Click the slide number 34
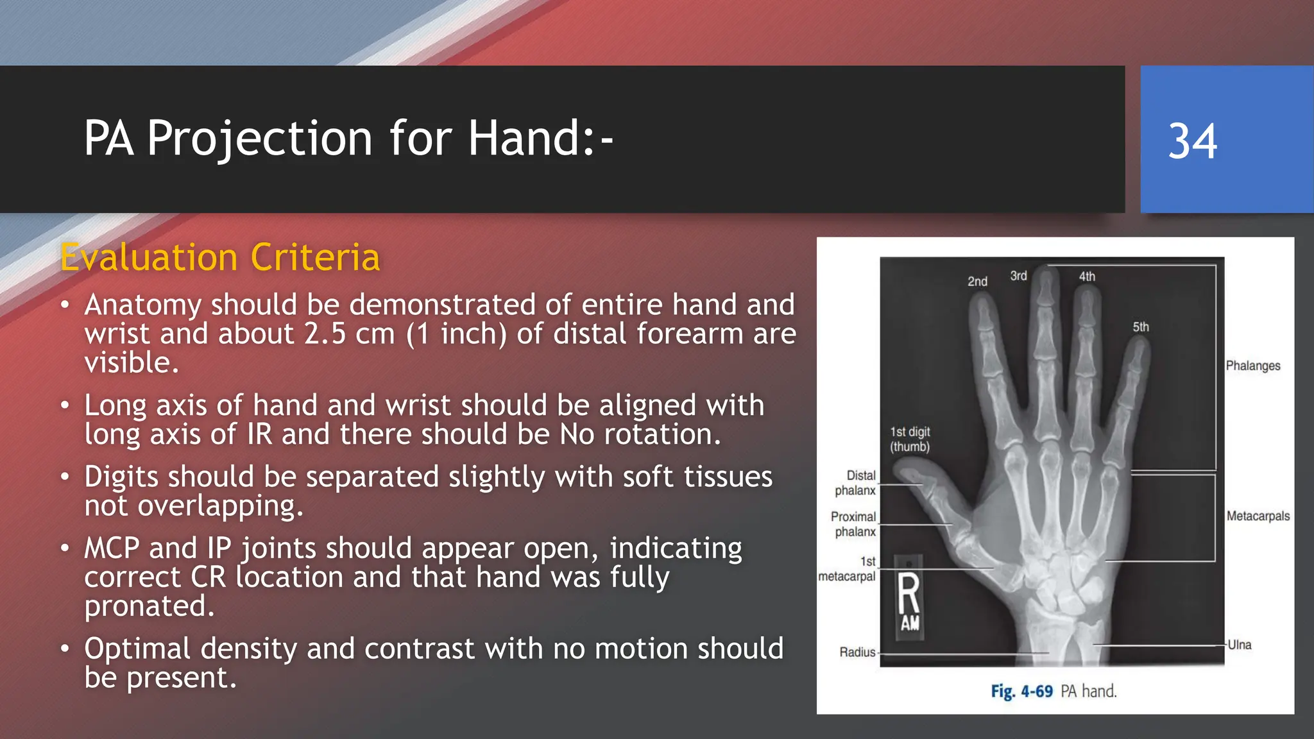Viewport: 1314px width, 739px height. pos(1192,141)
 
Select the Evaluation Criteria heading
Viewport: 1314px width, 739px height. pos(220,257)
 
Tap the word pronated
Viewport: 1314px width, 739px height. pos(149,606)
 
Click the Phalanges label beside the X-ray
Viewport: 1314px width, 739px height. pos(1252,366)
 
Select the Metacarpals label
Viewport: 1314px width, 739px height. pos(1258,516)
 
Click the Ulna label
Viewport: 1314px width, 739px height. pos(1239,645)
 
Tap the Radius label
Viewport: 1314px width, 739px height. pos(857,652)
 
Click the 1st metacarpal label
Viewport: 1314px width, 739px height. pos(848,569)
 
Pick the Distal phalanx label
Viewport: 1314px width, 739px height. pos(856,483)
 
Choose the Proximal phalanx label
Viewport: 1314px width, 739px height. pos(853,524)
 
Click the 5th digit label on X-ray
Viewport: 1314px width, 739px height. pos(1140,327)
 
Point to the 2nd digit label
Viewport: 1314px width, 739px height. pos(977,281)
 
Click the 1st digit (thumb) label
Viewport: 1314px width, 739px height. pos(910,439)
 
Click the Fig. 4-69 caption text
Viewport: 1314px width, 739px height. pos(1054,691)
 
